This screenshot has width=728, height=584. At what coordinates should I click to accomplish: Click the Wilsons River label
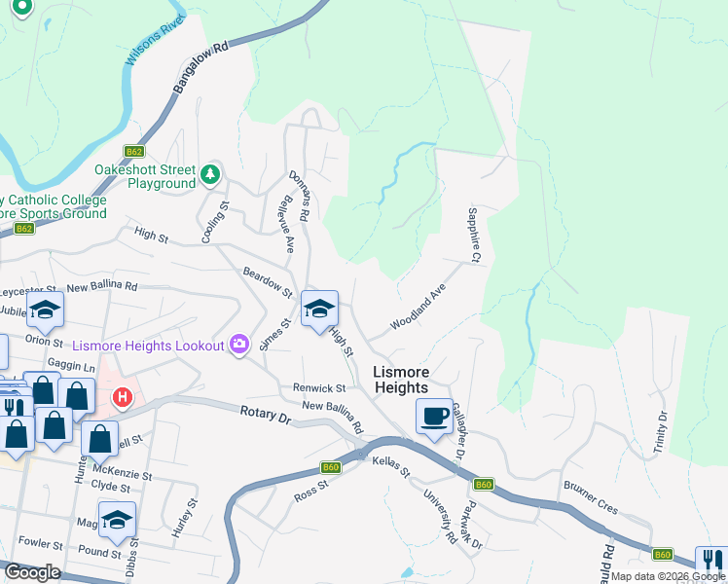click(x=155, y=41)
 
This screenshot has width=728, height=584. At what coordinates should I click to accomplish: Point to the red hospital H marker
click(x=123, y=397)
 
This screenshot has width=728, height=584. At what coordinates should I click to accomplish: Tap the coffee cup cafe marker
click(x=434, y=416)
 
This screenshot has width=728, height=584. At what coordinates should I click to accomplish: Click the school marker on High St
click(x=319, y=310)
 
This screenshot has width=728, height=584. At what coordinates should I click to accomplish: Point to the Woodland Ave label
click(x=418, y=307)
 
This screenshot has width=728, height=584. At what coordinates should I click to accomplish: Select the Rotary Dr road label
click(x=266, y=415)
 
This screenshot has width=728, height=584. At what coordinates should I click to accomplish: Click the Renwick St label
click(x=319, y=387)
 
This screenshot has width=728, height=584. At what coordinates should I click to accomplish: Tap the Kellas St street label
click(x=392, y=468)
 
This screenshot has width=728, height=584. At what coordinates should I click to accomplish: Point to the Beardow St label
click(x=268, y=283)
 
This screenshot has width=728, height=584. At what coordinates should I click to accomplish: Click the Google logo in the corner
click(x=32, y=572)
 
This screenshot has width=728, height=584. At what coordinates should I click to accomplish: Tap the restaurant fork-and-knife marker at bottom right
click(x=711, y=562)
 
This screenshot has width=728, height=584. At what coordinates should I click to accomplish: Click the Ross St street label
click(x=313, y=496)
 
